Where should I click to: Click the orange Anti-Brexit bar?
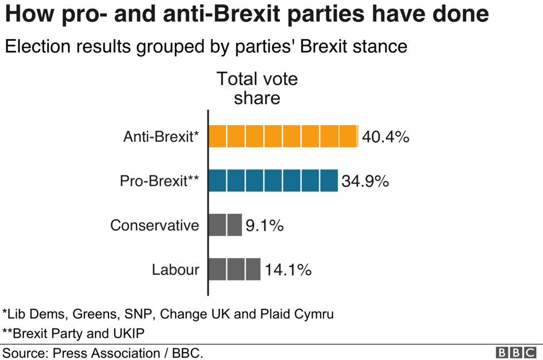(283, 136)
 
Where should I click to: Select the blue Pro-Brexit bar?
(273, 181)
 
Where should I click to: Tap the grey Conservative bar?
(225, 225)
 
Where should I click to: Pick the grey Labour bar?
(234, 269)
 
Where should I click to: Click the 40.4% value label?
(386, 136)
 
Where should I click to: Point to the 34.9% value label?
(365, 181)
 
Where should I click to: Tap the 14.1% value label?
(288, 270)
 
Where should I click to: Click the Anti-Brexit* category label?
(161, 136)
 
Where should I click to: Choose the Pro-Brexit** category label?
(159, 181)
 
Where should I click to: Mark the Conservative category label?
(154, 225)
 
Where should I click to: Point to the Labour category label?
(175, 270)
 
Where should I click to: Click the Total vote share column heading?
(256, 88)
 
